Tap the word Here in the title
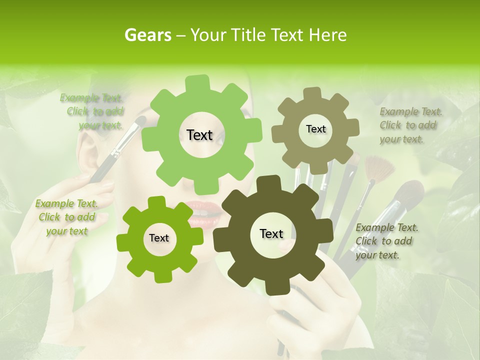(328, 35)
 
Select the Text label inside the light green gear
(199, 135)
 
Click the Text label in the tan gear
(315, 129)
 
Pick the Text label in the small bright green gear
(159, 238)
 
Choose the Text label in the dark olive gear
(271, 234)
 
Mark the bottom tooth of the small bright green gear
(161, 276)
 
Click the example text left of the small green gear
(66, 217)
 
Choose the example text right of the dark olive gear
(386, 241)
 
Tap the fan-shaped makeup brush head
(378, 168)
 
